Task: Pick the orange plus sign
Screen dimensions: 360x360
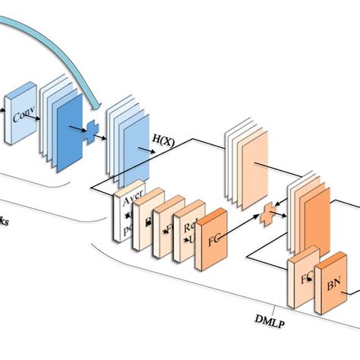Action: point(267,215)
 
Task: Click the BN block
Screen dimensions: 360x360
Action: point(331,287)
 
